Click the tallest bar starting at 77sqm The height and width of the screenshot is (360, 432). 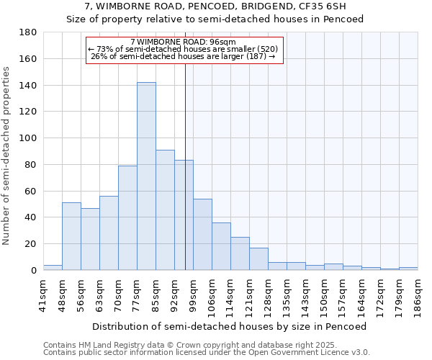146,176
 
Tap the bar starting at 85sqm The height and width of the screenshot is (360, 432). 165,210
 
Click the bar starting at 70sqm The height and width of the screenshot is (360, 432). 127,217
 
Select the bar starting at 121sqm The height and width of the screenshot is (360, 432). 258,258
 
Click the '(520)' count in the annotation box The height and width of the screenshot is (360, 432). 268,50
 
